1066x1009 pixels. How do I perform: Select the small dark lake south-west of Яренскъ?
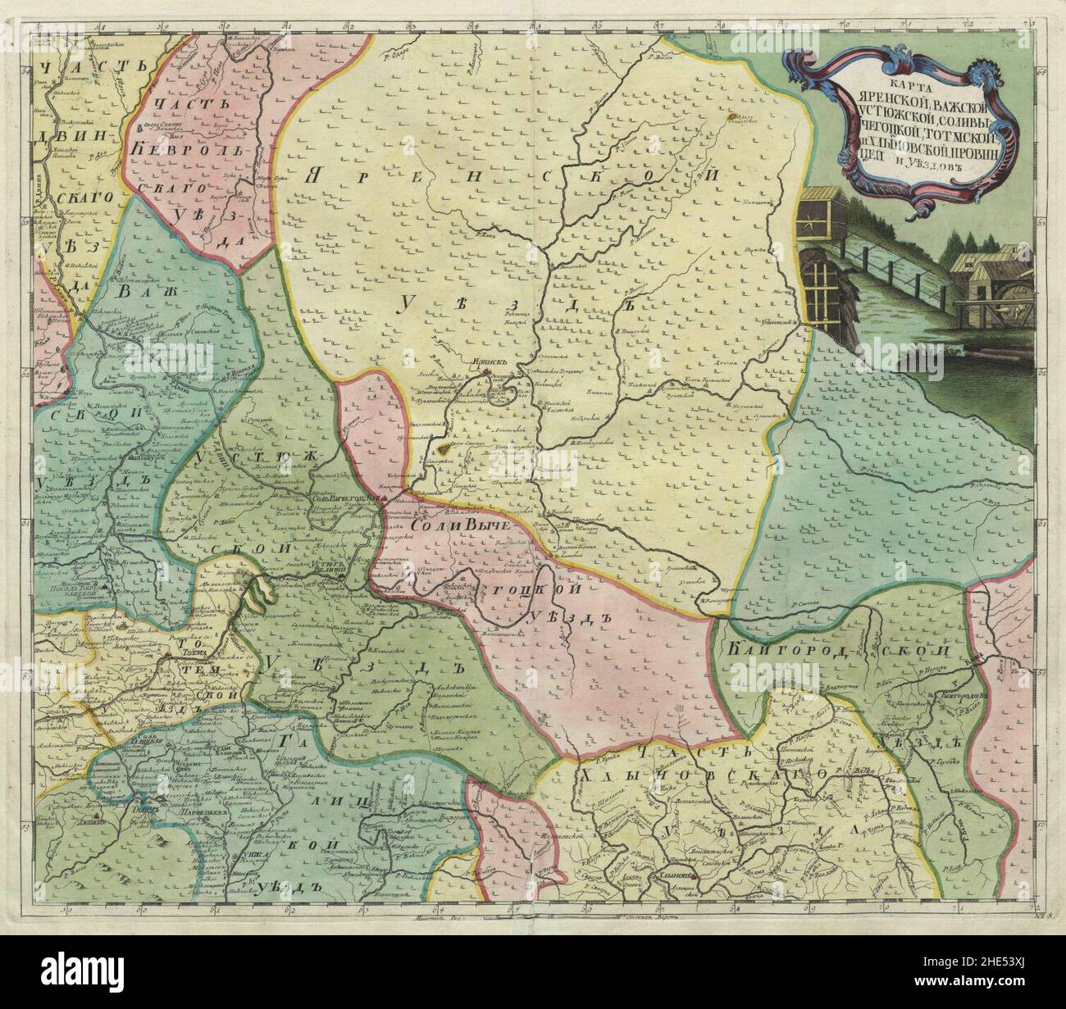click(444, 448)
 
